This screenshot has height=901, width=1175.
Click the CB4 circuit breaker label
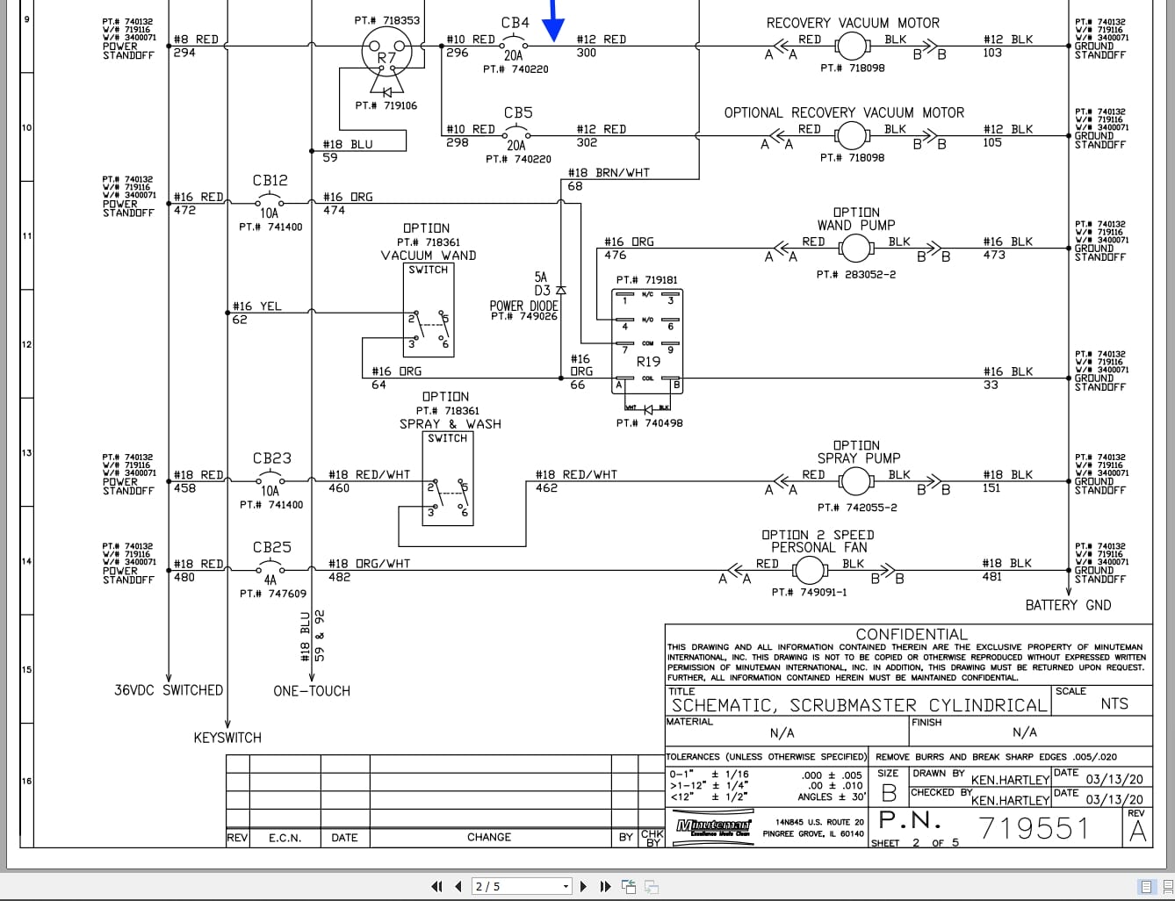pyautogui.click(x=515, y=23)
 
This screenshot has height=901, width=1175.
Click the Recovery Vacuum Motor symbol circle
pyautogui.click(x=850, y=46)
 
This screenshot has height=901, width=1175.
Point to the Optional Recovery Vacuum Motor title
pyautogui.click(x=843, y=112)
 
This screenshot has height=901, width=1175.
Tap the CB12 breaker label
pyautogui.click(x=270, y=180)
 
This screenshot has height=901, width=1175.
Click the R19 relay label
pyautogui.click(x=648, y=361)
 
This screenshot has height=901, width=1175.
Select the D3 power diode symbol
pyautogui.click(x=561, y=290)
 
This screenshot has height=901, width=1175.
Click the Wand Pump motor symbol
pyautogui.click(x=855, y=249)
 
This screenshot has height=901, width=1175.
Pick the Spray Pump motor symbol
pyautogui.click(x=855, y=481)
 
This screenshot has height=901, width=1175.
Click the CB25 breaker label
pyautogui.click(x=271, y=547)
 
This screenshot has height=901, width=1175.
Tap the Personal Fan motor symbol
pyautogui.click(x=809, y=571)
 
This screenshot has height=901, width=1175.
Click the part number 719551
pyautogui.click(x=1033, y=828)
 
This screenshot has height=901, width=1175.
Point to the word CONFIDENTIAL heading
pyautogui.click(x=911, y=634)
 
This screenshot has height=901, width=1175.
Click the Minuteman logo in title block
pyautogui.click(x=713, y=826)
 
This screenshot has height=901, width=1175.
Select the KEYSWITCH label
pyautogui.click(x=227, y=738)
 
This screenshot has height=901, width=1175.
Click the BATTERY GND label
pyautogui.click(x=1068, y=605)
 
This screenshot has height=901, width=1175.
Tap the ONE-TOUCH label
pyautogui.click(x=311, y=691)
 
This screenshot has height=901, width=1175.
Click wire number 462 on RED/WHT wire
pyautogui.click(x=546, y=488)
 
